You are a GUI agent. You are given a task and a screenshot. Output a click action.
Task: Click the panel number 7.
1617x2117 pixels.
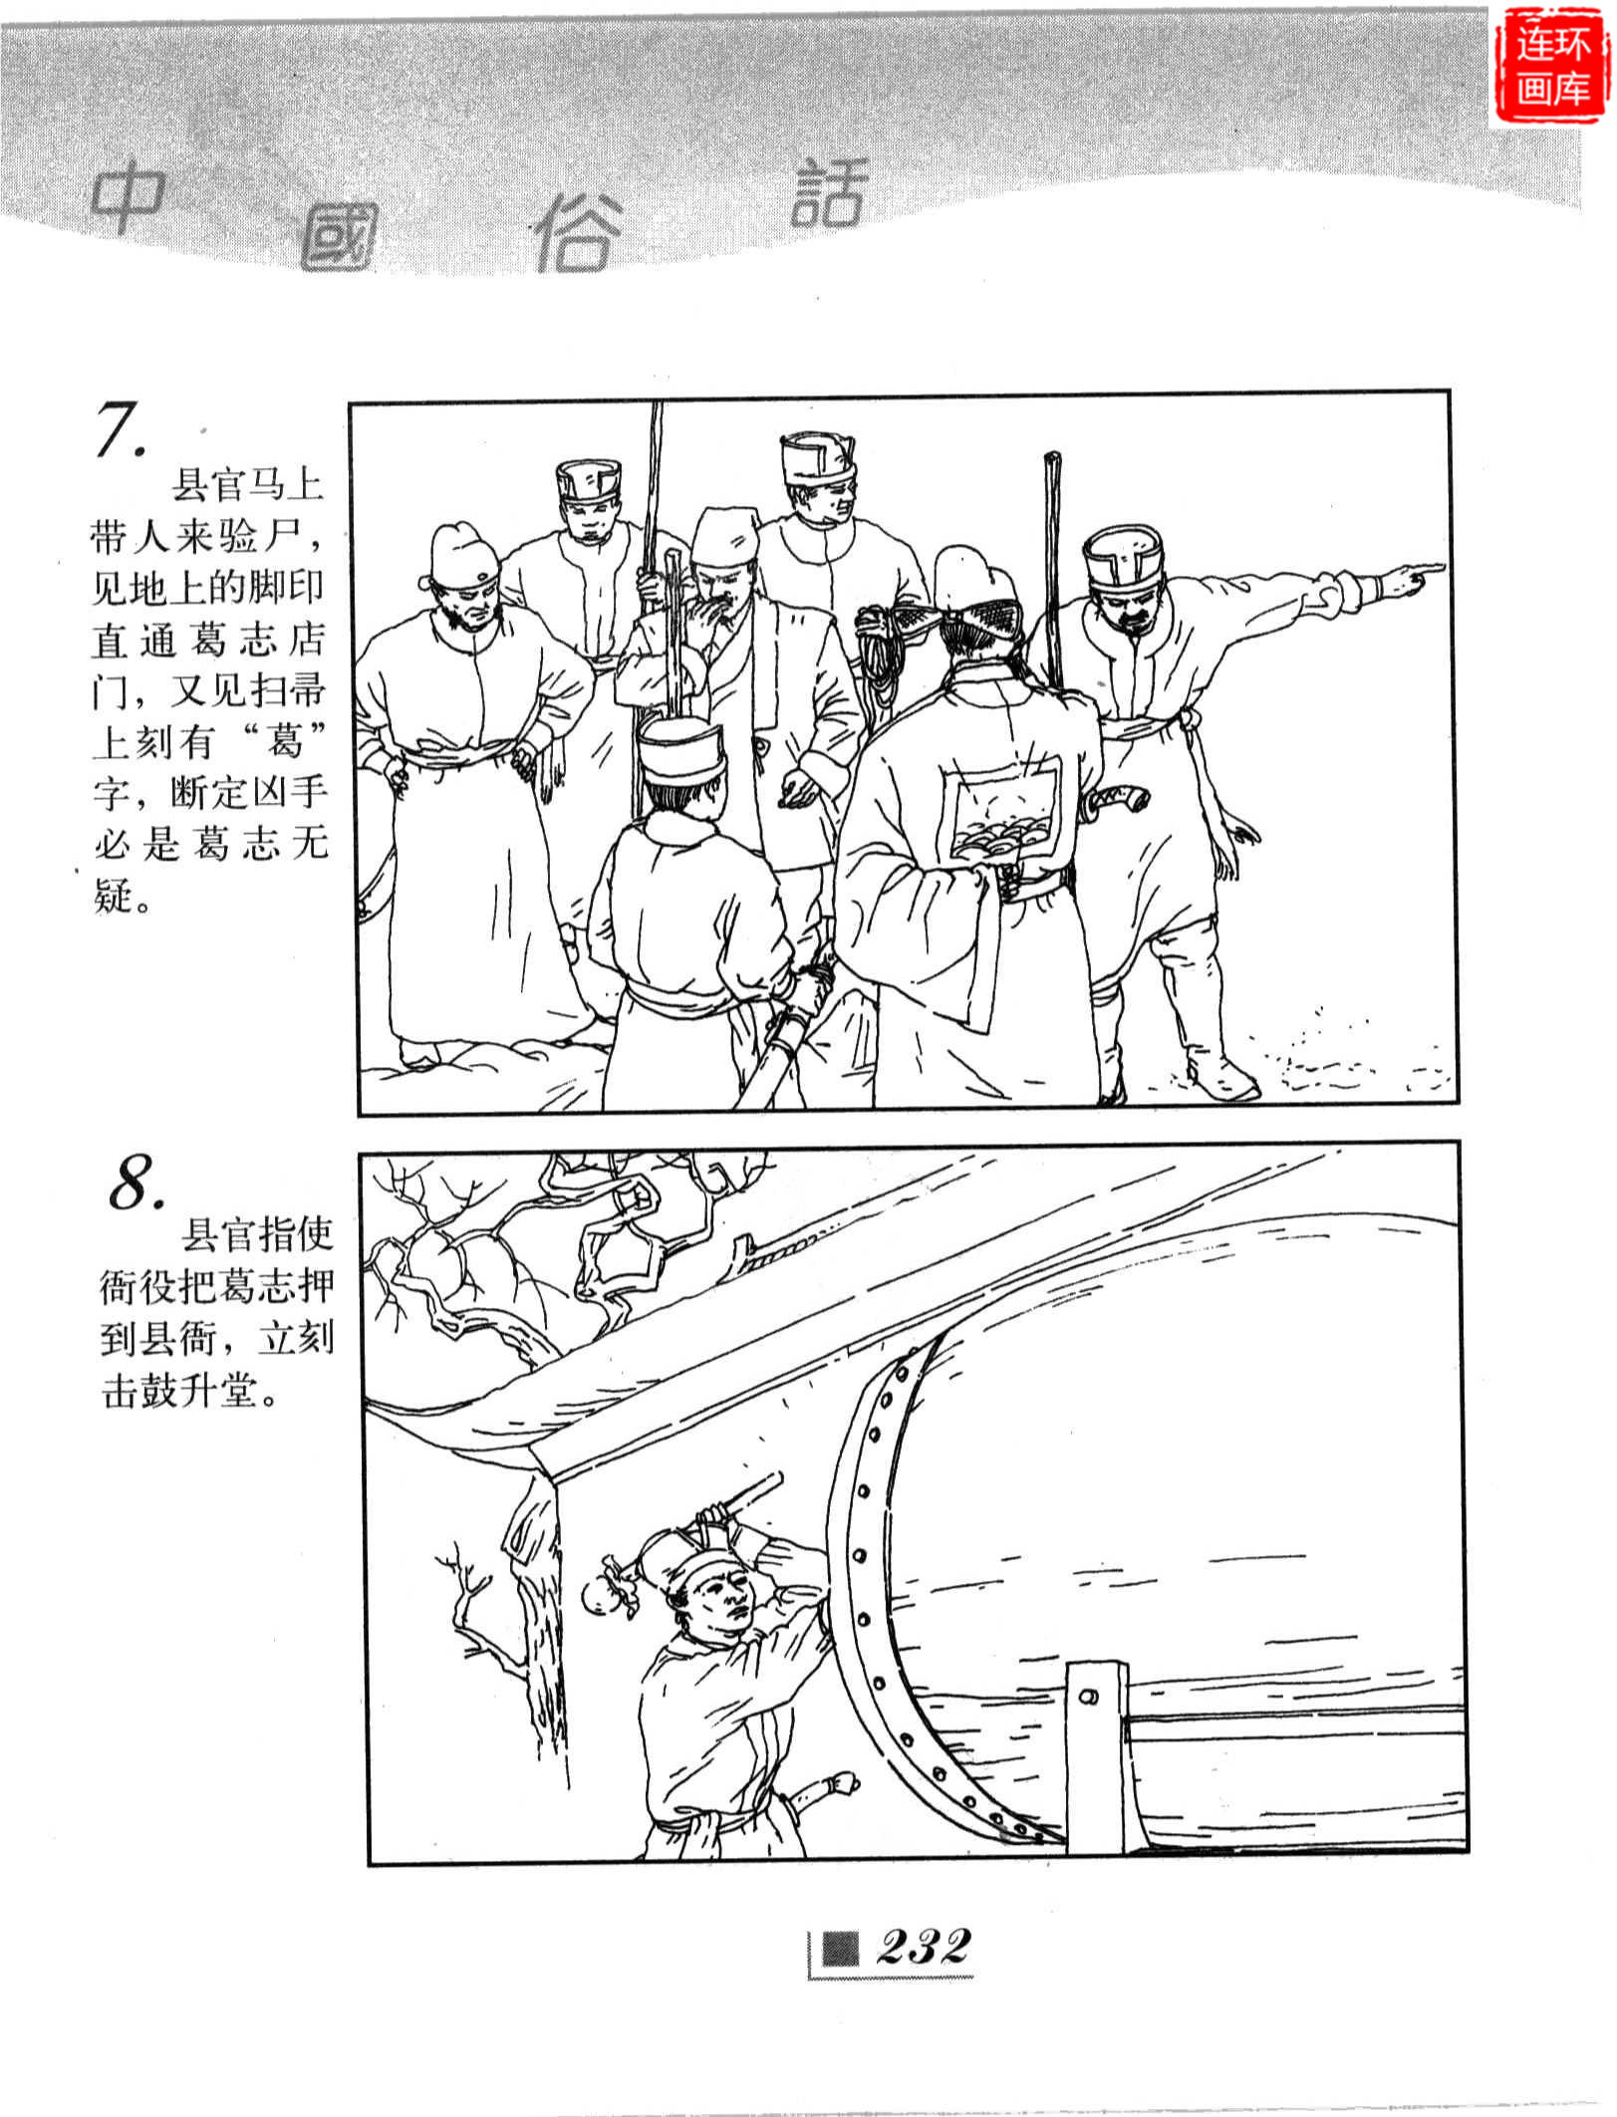click(122, 430)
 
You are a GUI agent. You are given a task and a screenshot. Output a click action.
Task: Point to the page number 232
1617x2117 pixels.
click(923, 1945)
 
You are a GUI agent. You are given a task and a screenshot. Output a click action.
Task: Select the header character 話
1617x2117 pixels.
click(829, 192)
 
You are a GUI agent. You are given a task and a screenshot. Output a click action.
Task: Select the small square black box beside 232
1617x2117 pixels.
click(839, 1948)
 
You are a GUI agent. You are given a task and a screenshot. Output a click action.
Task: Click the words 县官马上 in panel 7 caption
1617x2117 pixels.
click(248, 486)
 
